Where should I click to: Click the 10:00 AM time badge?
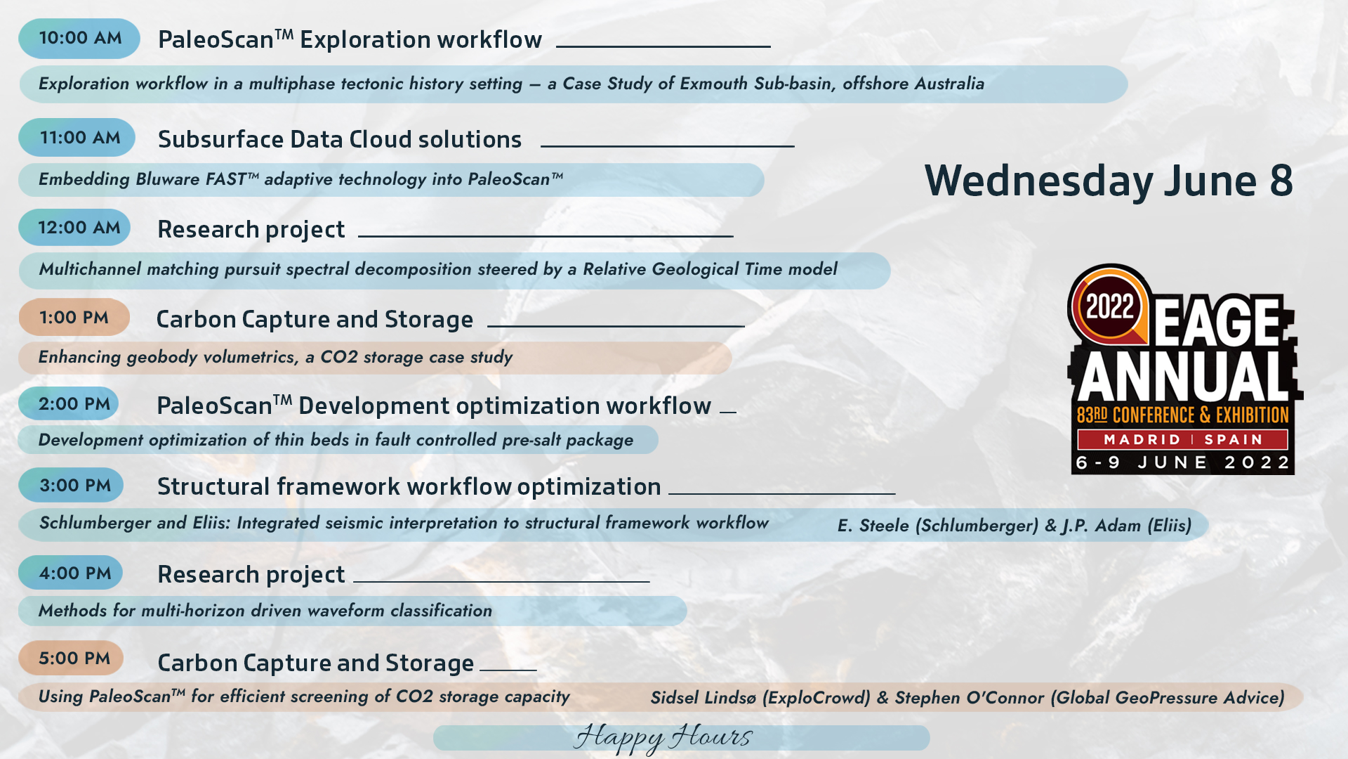pyautogui.click(x=79, y=38)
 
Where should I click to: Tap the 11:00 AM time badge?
pyautogui.click(x=77, y=137)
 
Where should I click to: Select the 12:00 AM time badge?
pyautogui.click(x=74, y=227)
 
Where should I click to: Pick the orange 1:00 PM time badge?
pyautogui.click(x=74, y=317)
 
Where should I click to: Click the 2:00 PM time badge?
pyautogui.click(x=69, y=403)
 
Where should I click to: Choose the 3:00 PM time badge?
pyautogui.click(x=71, y=485)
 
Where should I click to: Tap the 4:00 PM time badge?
pyautogui.click(x=71, y=573)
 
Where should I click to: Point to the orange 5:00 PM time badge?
pyautogui.click(x=71, y=658)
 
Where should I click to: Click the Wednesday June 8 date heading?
pyautogui.click(x=1109, y=181)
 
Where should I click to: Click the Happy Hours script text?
pyautogui.click(x=663, y=737)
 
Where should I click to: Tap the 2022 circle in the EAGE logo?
pyautogui.click(x=1110, y=306)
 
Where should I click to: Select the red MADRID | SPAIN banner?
pyautogui.click(x=1183, y=439)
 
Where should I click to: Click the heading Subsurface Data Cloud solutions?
pyautogui.click(x=340, y=139)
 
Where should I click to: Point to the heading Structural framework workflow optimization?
pyautogui.click(x=409, y=486)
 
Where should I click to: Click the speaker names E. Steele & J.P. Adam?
pyautogui.click(x=1015, y=526)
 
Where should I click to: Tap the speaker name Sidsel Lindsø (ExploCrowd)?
pyautogui.click(x=760, y=698)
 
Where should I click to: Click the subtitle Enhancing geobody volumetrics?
pyautogui.click(x=275, y=357)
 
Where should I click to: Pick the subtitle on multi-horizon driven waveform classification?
pyautogui.click(x=265, y=611)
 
